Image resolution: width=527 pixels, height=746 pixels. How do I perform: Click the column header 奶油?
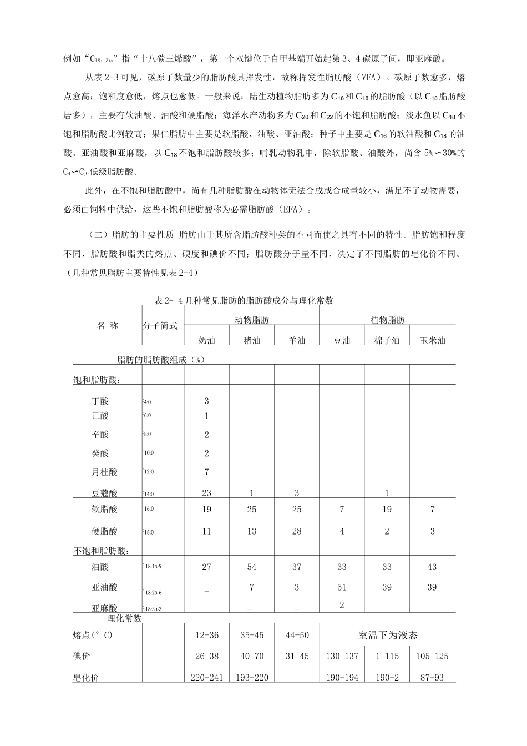[207, 340]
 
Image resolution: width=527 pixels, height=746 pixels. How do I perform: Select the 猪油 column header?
[252, 340]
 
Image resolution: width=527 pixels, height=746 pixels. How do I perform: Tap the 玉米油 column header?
[432, 340]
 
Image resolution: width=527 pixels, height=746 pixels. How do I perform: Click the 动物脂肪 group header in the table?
[252, 320]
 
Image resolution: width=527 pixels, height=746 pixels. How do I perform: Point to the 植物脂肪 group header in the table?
[387, 320]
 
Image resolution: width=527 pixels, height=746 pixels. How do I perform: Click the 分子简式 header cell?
[160, 326]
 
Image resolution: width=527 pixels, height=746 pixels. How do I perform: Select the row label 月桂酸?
[105, 472]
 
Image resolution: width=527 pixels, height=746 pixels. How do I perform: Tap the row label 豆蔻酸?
[105, 492]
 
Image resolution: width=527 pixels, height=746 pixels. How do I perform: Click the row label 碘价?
[82, 656]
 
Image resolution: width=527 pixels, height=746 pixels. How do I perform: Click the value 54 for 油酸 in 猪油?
[252, 567]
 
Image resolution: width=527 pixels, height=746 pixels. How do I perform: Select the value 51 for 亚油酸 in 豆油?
[342, 587]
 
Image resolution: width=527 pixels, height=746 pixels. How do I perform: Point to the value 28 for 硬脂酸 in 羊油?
[297, 531]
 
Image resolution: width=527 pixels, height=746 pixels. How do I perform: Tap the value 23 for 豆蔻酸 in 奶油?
[207, 492]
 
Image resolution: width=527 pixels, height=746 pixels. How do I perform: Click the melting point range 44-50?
[297, 635]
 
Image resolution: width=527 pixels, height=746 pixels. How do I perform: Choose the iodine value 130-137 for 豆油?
[342, 656]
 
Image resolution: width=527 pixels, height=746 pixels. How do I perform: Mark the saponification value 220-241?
[207, 677]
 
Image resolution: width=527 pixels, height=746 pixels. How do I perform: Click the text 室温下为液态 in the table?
[388, 635]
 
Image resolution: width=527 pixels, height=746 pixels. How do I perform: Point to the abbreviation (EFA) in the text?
[293, 210]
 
